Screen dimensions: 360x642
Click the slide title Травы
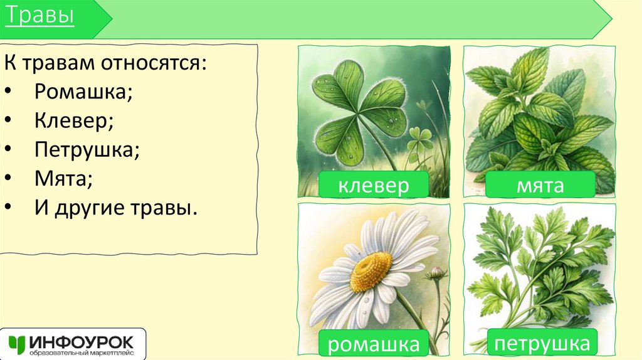coord(39,17)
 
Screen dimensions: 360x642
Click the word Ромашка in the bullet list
coord(83,92)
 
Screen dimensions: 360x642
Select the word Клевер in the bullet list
coord(74,122)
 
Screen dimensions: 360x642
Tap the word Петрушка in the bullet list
coord(87,151)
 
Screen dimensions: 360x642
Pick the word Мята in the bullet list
coord(63,181)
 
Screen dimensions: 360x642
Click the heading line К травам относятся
coord(105,63)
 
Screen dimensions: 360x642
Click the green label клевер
coord(374,185)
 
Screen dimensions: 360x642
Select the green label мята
coord(540,185)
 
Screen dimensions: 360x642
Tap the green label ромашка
coord(374,343)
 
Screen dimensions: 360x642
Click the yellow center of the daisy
coord(371,272)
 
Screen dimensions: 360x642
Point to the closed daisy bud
coord(436,273)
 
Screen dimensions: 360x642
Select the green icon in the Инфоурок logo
coord(17,344)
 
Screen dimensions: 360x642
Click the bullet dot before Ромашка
coord(14,93)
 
